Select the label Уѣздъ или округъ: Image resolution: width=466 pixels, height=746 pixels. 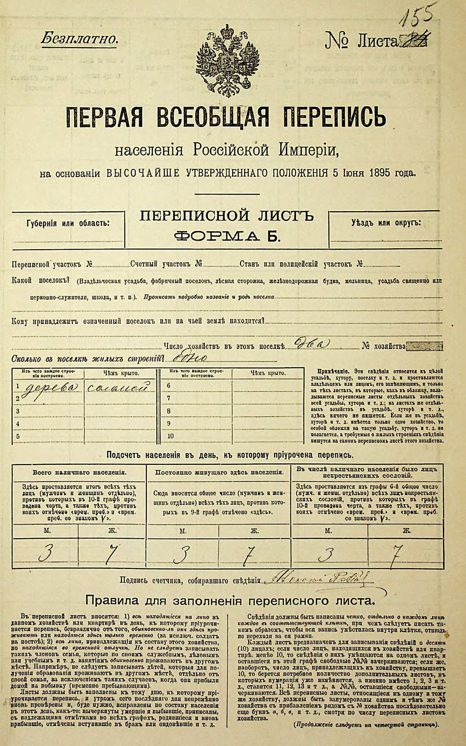click(386, 223)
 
